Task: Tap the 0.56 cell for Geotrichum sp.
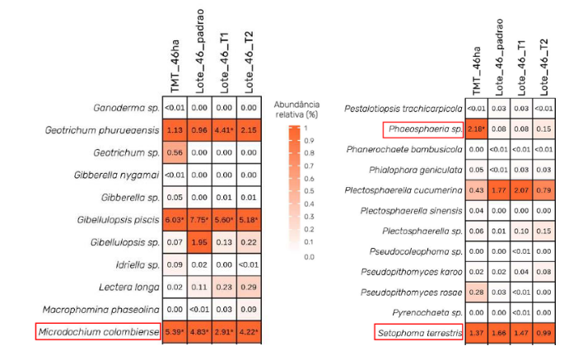175,152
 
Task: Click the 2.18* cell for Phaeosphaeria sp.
478,129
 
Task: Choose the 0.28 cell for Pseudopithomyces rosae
478,292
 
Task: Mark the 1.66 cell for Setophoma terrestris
499,333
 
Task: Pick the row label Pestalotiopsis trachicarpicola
403,109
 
